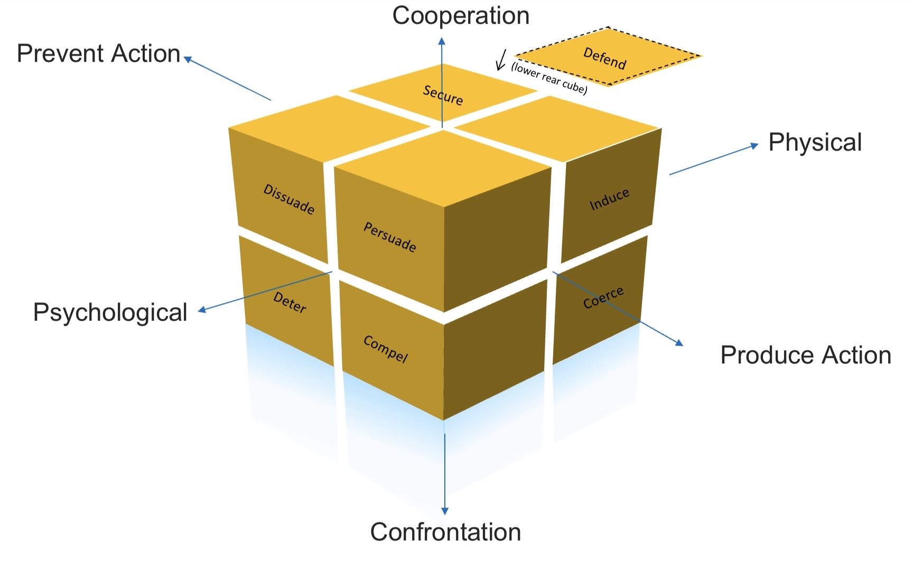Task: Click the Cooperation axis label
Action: click(461, 16)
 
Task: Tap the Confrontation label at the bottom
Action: click(445, 532)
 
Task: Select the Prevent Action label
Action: click(99, 54)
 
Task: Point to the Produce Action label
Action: click(805, 355)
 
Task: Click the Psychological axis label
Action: click(110, 312)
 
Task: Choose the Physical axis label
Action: click(815, 143)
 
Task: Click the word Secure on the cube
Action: click(443, 95)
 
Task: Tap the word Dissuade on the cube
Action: click(289, 199)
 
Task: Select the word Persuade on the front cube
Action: click(390, 237)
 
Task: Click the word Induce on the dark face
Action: click(609, 199)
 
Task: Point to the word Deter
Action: click(290, 303)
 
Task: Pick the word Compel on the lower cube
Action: click(386, 349)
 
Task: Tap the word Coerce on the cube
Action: click(603, 297)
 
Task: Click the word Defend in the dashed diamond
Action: click(604, 58)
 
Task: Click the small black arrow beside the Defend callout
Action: click(500, 60)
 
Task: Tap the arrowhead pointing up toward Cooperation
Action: click(442, 41)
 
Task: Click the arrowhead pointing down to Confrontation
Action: click(445, 510)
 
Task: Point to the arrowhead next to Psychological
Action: click(202, 310)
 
